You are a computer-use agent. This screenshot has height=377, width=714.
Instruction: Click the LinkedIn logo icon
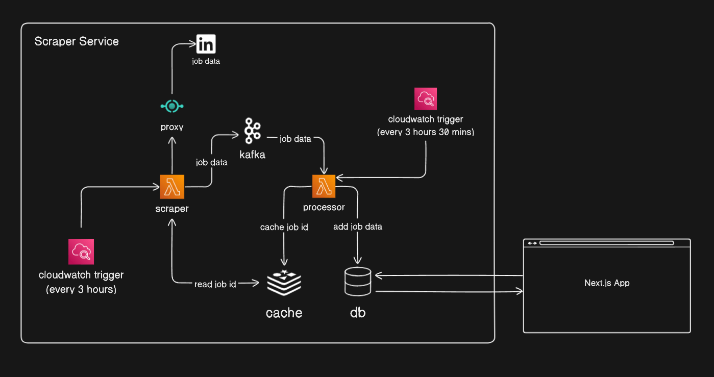tap(206, 44)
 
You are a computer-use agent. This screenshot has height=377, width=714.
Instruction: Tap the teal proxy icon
tap(172, 106)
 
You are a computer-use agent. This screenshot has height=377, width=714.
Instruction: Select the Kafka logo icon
tap(252, 130)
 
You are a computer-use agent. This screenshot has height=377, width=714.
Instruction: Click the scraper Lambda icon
tap(172, 187)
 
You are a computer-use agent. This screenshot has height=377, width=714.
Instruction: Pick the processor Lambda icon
tap(324, 187)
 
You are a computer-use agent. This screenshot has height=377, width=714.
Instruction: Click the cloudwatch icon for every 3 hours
tap(81, 252)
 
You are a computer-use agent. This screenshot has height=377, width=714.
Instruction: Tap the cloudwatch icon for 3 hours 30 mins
tap(426, 99)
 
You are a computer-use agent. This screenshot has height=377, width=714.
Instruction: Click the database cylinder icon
tap(358, 282)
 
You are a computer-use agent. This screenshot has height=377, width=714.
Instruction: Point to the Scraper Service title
tap(77, 41)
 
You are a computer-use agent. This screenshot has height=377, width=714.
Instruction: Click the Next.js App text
tap(607, 283)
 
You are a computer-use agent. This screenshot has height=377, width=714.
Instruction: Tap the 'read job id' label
tap(215, 284)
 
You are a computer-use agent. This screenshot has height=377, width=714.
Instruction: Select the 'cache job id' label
tap(284, 227)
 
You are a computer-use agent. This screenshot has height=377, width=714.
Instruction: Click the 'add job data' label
tap(357, 227)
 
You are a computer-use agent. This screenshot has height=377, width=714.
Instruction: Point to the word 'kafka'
tap(252, 155)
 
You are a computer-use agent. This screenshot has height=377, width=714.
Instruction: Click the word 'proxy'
tap(172, 127)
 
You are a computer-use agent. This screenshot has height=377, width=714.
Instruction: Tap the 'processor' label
tap(324, 207)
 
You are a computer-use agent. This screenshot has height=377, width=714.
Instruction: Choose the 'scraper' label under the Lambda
tap(172, 208)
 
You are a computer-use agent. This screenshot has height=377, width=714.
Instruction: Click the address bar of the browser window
tap(607, 243)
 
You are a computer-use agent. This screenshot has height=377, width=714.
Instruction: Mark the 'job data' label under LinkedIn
tap(206, 61)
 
